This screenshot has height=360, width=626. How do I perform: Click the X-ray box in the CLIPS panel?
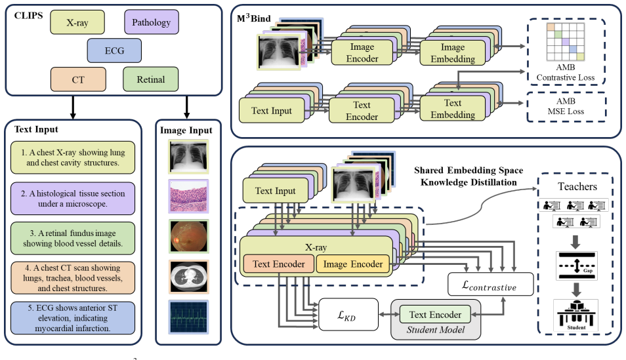[x=77, y=22]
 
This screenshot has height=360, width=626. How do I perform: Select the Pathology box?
[x=152, y=22]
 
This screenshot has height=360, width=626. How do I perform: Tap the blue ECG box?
[x=114, y=50]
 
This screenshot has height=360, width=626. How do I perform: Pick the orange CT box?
[x=78, y=79]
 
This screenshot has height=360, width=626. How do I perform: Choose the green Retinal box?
[x=150, y=79]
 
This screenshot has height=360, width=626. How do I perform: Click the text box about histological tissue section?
[x=73, y=198]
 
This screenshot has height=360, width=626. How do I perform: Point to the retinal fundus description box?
[x=73, y=238]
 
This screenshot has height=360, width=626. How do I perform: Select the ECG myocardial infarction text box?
[x=73, y=318]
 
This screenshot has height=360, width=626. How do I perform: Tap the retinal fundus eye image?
[x=188, y=237]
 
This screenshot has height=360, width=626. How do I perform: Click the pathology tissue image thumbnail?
[x=188, y=196]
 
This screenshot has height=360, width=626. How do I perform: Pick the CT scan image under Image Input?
[x=188, y=277]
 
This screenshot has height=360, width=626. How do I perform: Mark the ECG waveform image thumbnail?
[x=188, y=317]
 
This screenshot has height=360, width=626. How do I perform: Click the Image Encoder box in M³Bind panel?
[x=362, y=52]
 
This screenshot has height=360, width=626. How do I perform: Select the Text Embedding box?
[x=453, y=109]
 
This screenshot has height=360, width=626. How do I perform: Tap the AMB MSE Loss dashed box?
[x=566, y=107]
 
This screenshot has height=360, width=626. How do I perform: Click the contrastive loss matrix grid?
[x=566, y=42]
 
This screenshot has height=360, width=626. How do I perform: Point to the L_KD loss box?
[x=348, y=315]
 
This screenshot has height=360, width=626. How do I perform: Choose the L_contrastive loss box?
[x=490, y=284]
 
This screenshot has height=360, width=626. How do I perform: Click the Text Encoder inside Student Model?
[x=435, y=315]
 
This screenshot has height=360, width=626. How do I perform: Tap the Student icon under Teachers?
[x=575, y=315]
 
